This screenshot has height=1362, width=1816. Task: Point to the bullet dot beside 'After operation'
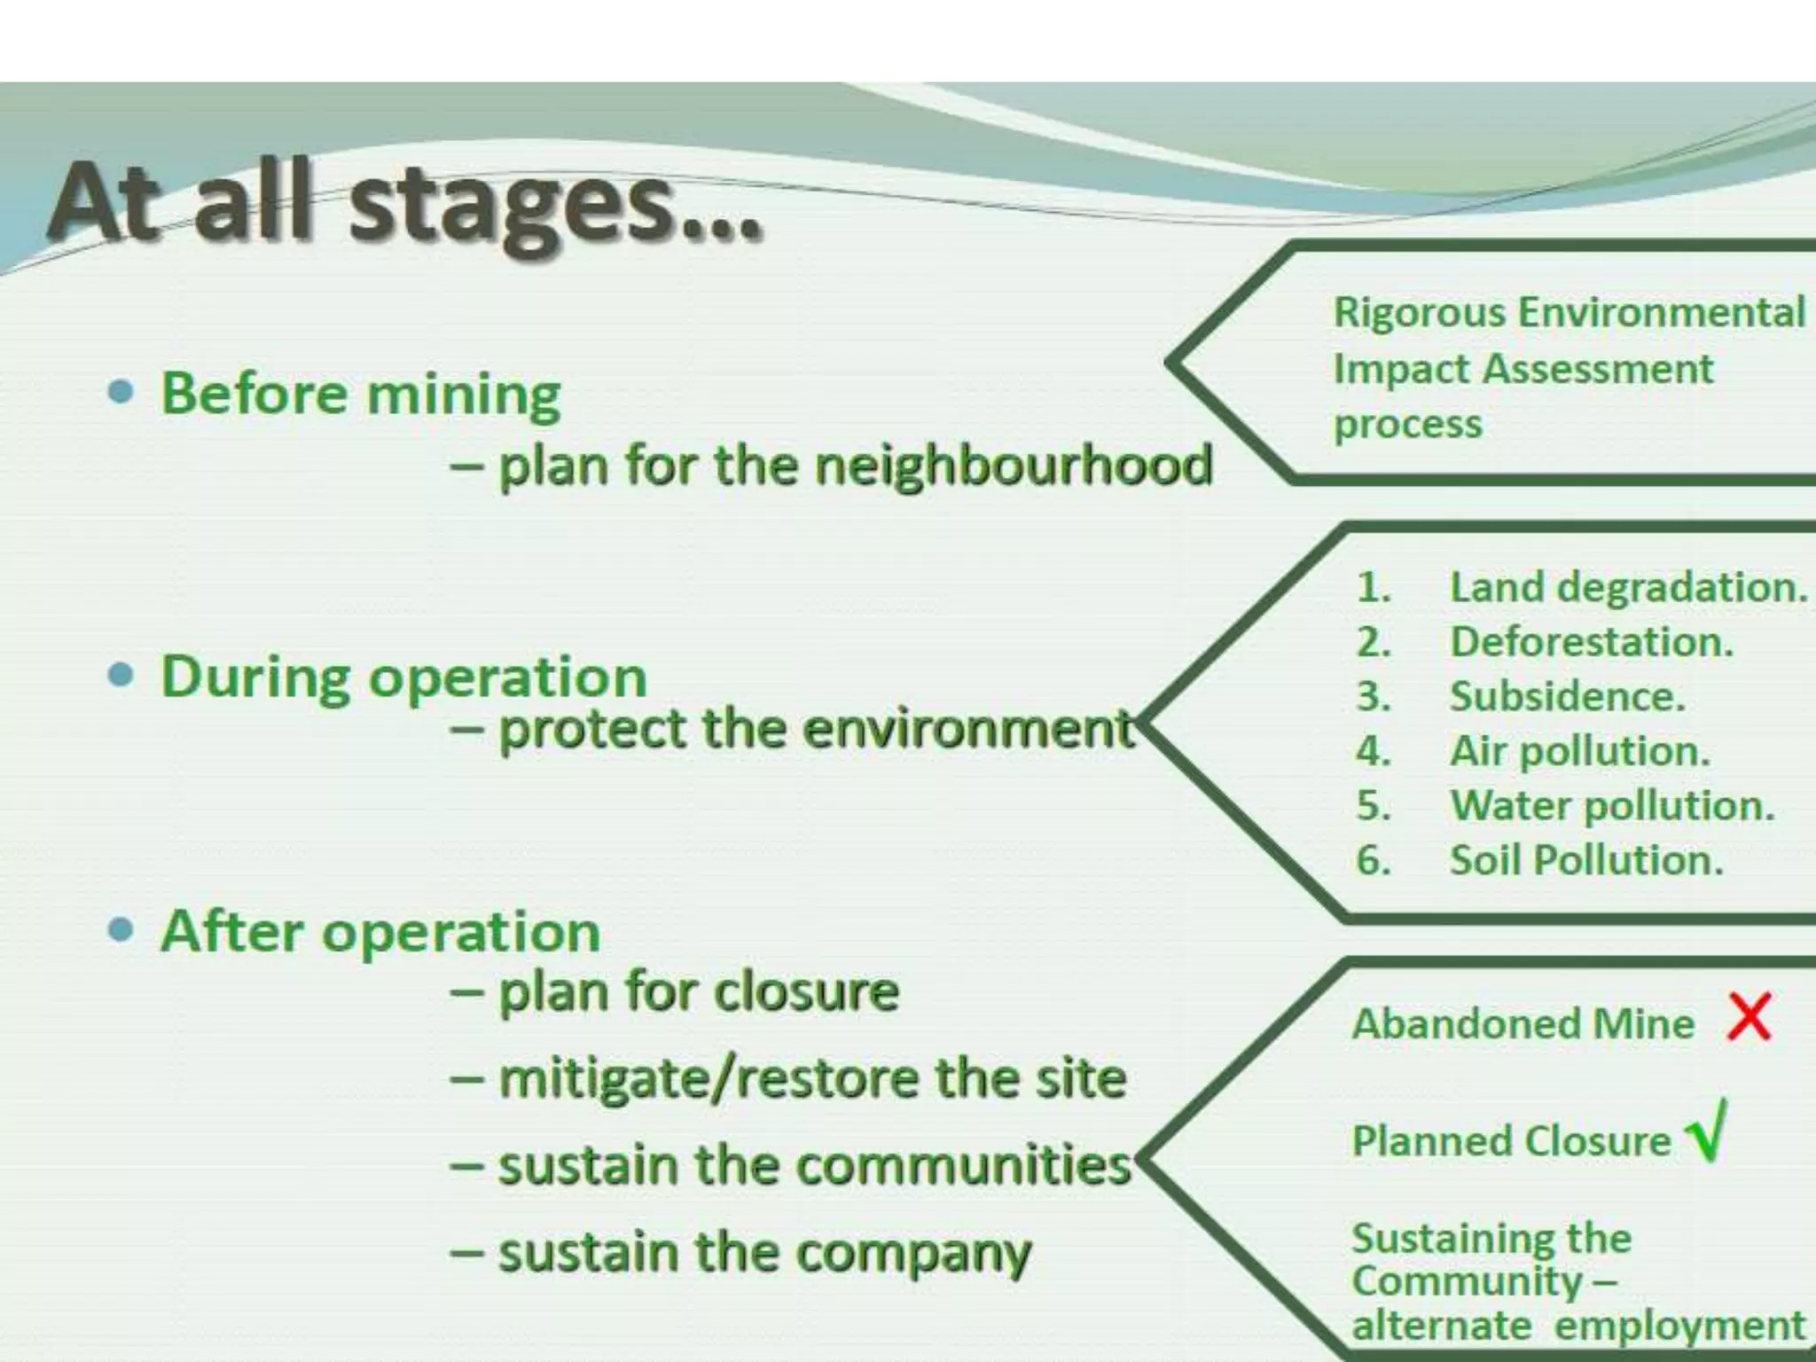click(121, 931)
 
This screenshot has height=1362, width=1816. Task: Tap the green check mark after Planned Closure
click(1707, 1131)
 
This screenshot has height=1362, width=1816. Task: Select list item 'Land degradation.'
click(1628, 588)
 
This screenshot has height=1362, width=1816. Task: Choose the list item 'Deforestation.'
click(1592, 642)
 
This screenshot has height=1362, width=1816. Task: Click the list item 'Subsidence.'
click(1567, 697)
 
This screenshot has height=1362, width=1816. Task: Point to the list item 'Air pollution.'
click(1579, 752)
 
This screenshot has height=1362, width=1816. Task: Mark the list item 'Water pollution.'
click(1612, 806)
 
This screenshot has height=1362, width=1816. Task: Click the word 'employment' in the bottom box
click(1680, 1326)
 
